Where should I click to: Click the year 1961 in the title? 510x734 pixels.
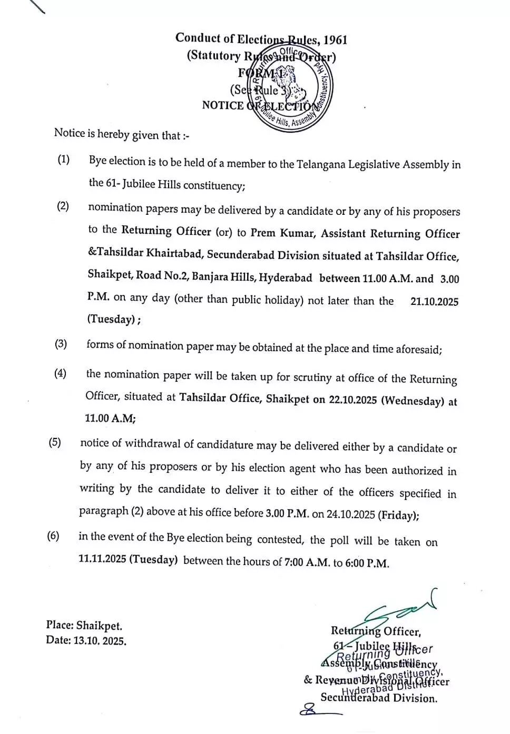click(335, 41)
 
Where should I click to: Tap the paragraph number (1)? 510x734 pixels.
click(63, 160)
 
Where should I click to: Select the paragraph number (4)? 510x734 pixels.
click(60, 374)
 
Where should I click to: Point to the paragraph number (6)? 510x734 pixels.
click(53, 536)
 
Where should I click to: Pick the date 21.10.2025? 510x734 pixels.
click(434, 302)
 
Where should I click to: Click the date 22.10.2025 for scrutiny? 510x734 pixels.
click(352, 400)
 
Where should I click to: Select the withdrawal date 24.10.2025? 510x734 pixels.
click(350, 514)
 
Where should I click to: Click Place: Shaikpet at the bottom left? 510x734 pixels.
click(84, 626)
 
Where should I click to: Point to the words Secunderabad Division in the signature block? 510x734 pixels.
click(379, 698)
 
